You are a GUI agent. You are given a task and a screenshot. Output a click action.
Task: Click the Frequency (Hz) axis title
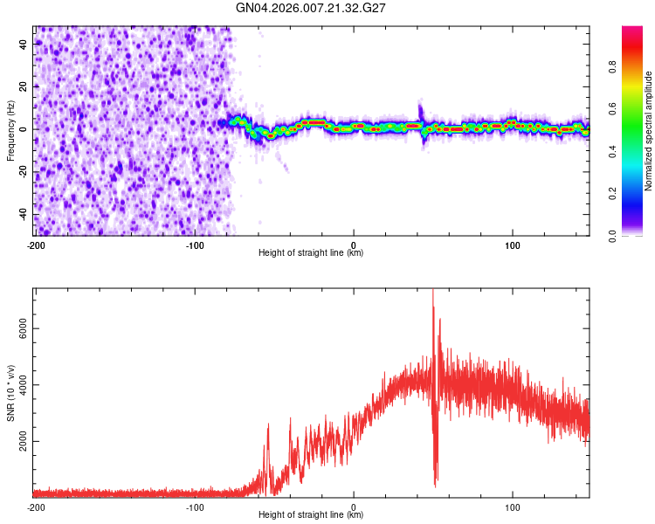[x=10, y=130]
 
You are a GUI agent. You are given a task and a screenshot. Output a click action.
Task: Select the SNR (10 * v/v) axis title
[x=10, y=393]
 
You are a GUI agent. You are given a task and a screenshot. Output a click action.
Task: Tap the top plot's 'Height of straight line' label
[x=311, y=253]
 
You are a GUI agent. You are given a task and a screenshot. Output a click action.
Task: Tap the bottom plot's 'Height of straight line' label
[x=311, y=515]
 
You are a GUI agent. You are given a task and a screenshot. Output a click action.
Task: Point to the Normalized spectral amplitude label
[x=648, y=132]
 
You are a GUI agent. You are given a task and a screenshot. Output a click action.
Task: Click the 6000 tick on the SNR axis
[x=19, y=329]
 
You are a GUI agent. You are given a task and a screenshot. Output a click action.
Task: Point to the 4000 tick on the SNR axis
[x=19, y=386]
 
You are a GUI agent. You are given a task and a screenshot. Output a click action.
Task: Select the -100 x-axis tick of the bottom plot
[x=195, y=507]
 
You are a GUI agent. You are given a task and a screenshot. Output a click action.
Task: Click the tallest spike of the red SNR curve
[x=433, y=292]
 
